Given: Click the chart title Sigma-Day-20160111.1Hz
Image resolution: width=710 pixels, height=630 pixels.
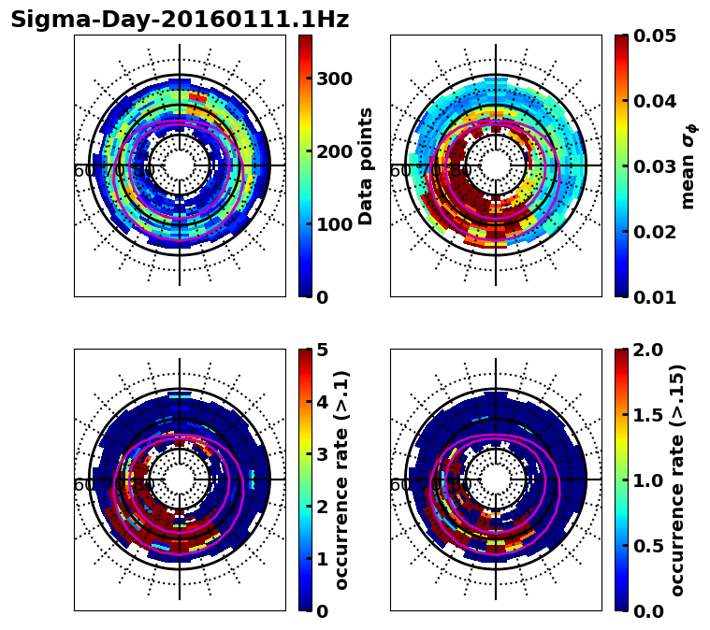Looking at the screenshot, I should coord(180,20).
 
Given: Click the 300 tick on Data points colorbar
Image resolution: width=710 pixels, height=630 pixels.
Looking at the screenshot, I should coord(333,79).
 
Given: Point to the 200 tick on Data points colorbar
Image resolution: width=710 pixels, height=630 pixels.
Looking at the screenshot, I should coord(333,151).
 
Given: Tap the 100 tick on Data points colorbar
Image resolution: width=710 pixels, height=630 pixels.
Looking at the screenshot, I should coord(333,224).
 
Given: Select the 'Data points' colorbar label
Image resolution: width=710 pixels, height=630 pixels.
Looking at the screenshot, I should coord(366,166).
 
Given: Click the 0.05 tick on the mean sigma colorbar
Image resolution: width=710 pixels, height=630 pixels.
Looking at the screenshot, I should coord(655,36).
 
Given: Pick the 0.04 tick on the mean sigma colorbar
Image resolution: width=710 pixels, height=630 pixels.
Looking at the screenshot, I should coord(655,101).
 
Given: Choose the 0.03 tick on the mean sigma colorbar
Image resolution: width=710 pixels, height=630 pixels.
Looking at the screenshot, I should coord(655,166).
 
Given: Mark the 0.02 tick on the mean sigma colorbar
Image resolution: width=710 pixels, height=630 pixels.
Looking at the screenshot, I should coord(655,232).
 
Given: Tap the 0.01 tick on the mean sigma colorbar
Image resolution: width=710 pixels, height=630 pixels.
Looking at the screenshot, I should coord(655,297).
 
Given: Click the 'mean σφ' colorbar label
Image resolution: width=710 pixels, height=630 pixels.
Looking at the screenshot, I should coord(688,166).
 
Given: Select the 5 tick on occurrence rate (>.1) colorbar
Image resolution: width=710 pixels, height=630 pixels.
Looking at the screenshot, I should coord(322,350).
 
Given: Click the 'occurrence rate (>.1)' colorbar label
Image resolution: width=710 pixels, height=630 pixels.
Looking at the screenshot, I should coord(341,480).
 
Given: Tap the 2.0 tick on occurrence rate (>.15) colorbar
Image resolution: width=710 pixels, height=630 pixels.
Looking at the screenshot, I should coord(649,350).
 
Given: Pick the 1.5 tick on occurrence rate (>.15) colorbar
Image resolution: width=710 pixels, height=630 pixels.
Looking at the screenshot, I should coord(649,415).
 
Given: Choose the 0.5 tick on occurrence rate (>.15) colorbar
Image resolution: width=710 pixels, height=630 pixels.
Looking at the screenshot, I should coord(649,546).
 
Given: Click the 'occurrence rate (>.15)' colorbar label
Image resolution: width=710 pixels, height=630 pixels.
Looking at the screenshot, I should coord(678,480).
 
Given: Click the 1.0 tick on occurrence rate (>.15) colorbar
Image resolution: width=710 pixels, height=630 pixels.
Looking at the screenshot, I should coord(649,480).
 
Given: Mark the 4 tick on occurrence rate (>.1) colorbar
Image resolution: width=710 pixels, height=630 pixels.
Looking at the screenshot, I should coord(322,402).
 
